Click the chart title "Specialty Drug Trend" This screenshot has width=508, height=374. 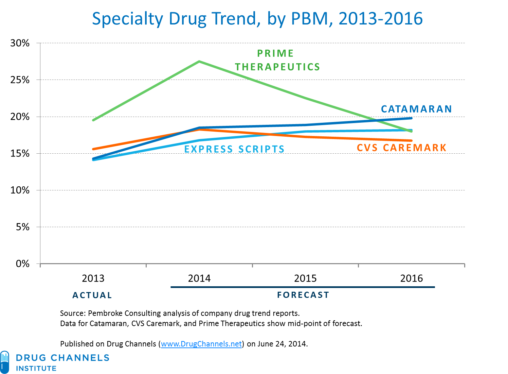(257, 19)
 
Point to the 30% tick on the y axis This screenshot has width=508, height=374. (20, 43)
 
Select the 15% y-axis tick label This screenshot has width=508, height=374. (20, 153)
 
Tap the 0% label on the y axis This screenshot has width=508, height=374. (22, 263)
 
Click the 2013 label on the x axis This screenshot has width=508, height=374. (93, 278)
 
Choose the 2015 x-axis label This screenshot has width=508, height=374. (305, 278)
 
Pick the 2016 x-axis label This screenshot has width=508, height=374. (412, 278)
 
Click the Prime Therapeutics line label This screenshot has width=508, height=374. (277, 60)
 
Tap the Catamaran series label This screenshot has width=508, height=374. (416, 109)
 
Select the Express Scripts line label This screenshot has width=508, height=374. (234, 149)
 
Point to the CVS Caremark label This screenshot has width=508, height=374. (401, 148)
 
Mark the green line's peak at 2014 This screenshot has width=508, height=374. (199, 62)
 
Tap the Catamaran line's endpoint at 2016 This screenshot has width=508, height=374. (411, 118)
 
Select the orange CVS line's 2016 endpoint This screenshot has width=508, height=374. (411, 140)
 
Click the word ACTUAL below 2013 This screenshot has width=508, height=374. (92, 295)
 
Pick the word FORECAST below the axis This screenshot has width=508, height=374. (303, 295)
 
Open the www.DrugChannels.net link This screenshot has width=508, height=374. (201, 344)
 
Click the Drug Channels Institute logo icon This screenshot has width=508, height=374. (5, 362)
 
